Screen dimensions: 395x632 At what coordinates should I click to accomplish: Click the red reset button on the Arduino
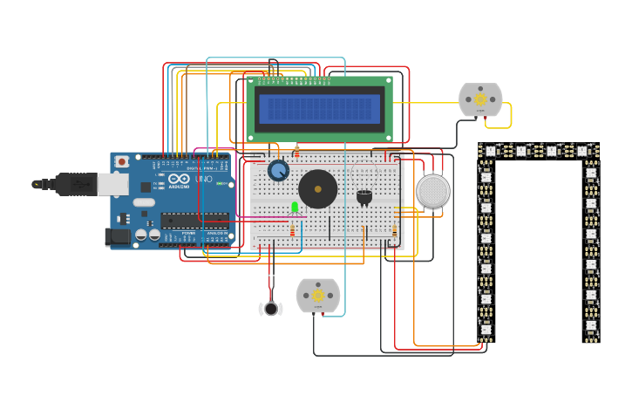point(122,161)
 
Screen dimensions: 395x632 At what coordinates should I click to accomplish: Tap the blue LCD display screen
point(320,108)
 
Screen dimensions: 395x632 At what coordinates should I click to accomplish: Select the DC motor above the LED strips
point(480,99)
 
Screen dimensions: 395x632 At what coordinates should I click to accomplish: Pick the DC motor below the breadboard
point(317,295)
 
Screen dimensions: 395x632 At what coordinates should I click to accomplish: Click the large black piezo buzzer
point(317,189)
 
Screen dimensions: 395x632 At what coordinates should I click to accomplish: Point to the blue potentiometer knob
point(278,170)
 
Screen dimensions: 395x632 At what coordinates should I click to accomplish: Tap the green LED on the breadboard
point(295,207)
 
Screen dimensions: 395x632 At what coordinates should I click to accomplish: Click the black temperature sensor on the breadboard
point(364,196)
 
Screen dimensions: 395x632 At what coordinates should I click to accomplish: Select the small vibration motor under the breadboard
point(271,308)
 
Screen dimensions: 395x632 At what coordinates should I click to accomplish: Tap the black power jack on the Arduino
point(116,236)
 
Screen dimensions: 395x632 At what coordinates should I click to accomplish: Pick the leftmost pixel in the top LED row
point(490,151)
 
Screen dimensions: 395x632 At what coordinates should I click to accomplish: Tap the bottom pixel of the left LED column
point(486,330)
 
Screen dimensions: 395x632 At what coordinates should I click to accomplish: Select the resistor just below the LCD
point(296,151)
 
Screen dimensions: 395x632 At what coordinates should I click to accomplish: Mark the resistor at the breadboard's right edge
point(394,231)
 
